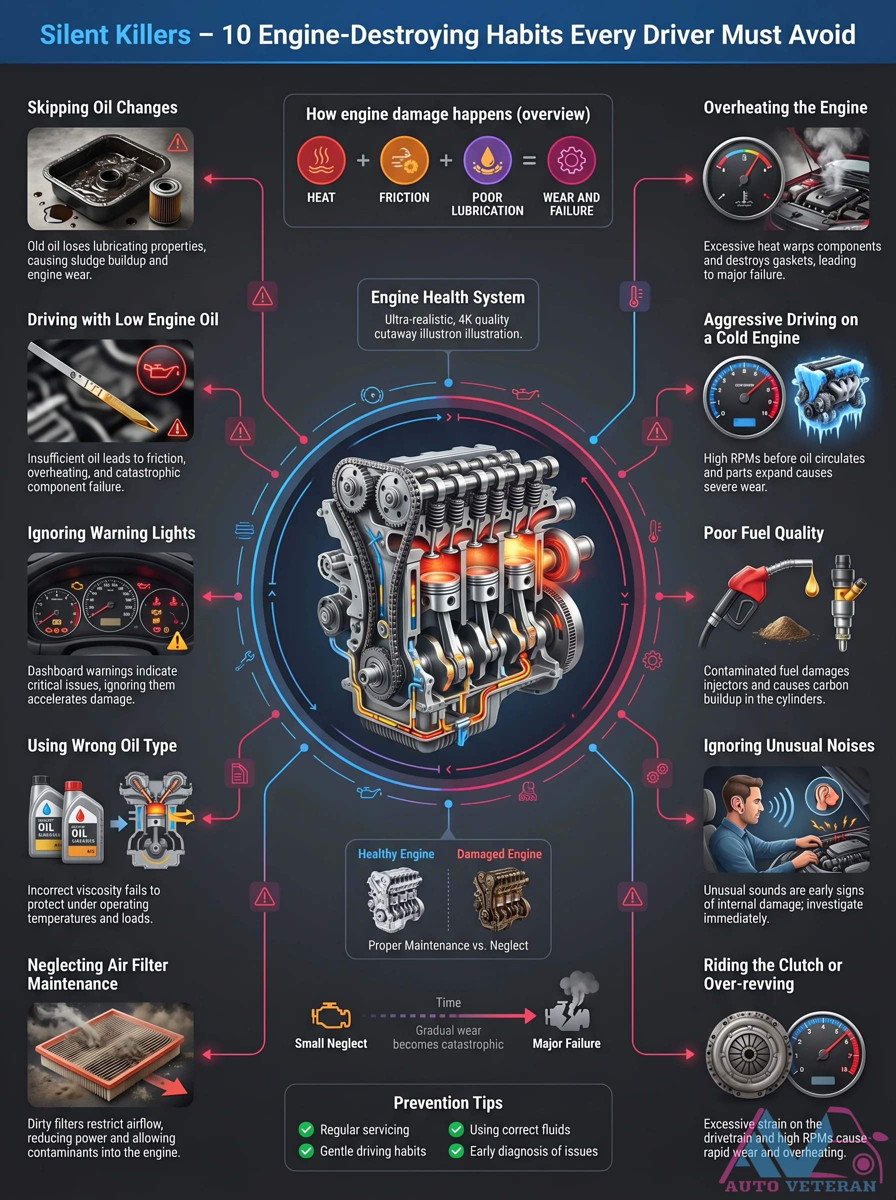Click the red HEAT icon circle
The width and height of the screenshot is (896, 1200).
coord(321,160)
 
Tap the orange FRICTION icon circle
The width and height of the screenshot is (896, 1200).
coord(404,160)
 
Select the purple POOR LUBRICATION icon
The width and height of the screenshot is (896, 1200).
coord(487,160)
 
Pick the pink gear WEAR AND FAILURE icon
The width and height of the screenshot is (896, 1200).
coord(571,160)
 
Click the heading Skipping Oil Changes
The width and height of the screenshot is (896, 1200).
coord(102,107)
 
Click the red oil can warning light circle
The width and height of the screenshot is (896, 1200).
coord(161,370)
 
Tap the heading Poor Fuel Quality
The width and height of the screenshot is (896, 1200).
coord(763,533)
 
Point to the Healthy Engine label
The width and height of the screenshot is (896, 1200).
coord(396,854)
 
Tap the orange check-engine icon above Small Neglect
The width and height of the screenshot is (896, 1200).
coord(331,1015)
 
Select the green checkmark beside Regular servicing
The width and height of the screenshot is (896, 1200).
coord(306,1129)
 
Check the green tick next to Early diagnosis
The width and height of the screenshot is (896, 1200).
coord(456,1150)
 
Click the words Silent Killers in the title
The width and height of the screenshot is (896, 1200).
coord(115,34)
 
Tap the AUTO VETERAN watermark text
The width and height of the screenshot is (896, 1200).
coord(800,1186)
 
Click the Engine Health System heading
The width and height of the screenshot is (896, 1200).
coord(448,297)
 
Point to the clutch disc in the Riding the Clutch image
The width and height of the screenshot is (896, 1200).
coord(748,1053)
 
